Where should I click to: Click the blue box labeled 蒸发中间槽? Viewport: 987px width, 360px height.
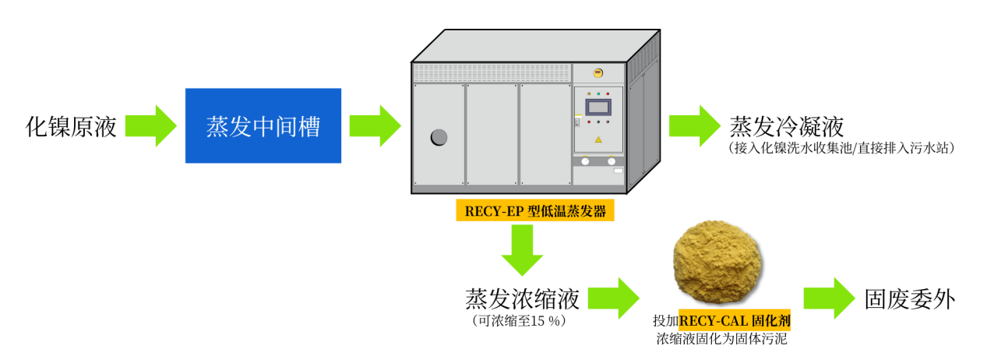coord(263,125)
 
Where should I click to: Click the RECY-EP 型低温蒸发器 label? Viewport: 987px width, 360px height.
coord(535,210)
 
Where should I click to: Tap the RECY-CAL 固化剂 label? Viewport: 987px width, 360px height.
coord(735,320)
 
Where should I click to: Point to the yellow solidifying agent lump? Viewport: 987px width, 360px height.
coord(717,262)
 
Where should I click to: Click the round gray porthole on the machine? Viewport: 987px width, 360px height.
coord(439,137)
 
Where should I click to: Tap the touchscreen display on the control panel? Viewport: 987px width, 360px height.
coord(598,107)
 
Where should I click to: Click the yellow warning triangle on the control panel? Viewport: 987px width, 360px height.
coord(598,139)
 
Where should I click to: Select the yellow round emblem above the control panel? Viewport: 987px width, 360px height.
coord(598,72)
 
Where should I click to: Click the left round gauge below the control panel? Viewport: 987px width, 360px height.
coord(585,161)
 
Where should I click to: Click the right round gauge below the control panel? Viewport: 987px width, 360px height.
coord(612,161)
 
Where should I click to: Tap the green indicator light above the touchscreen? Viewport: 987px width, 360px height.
coord(598,94)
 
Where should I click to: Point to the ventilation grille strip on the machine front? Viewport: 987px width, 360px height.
coord(492,73)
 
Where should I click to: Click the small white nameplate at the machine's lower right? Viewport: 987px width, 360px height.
coord(619,170)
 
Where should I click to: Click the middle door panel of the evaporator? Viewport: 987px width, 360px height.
coord(492,134)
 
